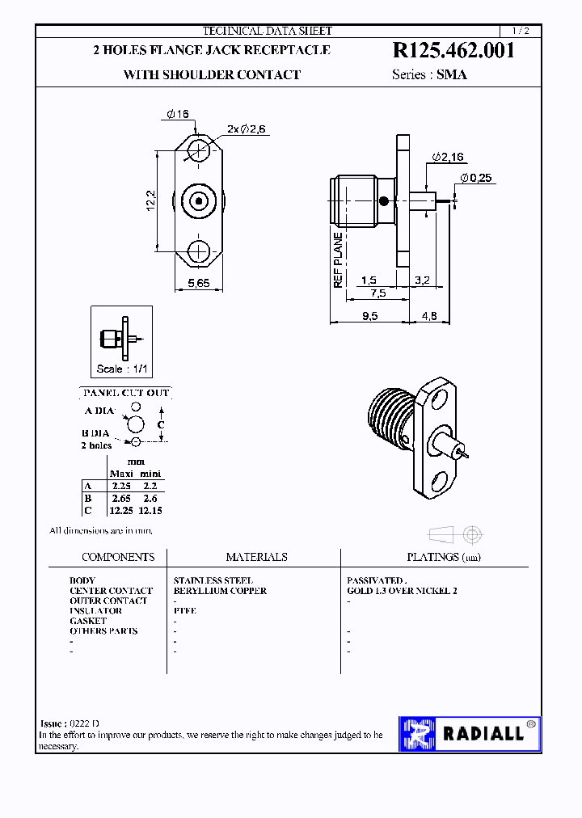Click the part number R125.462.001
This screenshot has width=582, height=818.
453,51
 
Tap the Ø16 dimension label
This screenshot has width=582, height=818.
178,115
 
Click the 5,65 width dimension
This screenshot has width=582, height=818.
199,283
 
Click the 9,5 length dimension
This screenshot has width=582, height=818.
369,316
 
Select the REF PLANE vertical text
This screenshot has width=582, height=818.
339,259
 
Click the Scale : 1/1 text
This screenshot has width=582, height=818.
122,369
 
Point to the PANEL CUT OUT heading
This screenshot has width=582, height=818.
126,393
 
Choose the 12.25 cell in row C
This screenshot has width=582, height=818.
121,510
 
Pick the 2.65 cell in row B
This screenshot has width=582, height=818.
121,499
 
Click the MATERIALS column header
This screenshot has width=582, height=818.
256,557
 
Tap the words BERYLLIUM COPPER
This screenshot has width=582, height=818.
220,591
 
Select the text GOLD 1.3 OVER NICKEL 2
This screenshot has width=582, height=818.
402,591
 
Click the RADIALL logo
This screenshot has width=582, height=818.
470,734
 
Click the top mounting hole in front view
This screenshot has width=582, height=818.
198,150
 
